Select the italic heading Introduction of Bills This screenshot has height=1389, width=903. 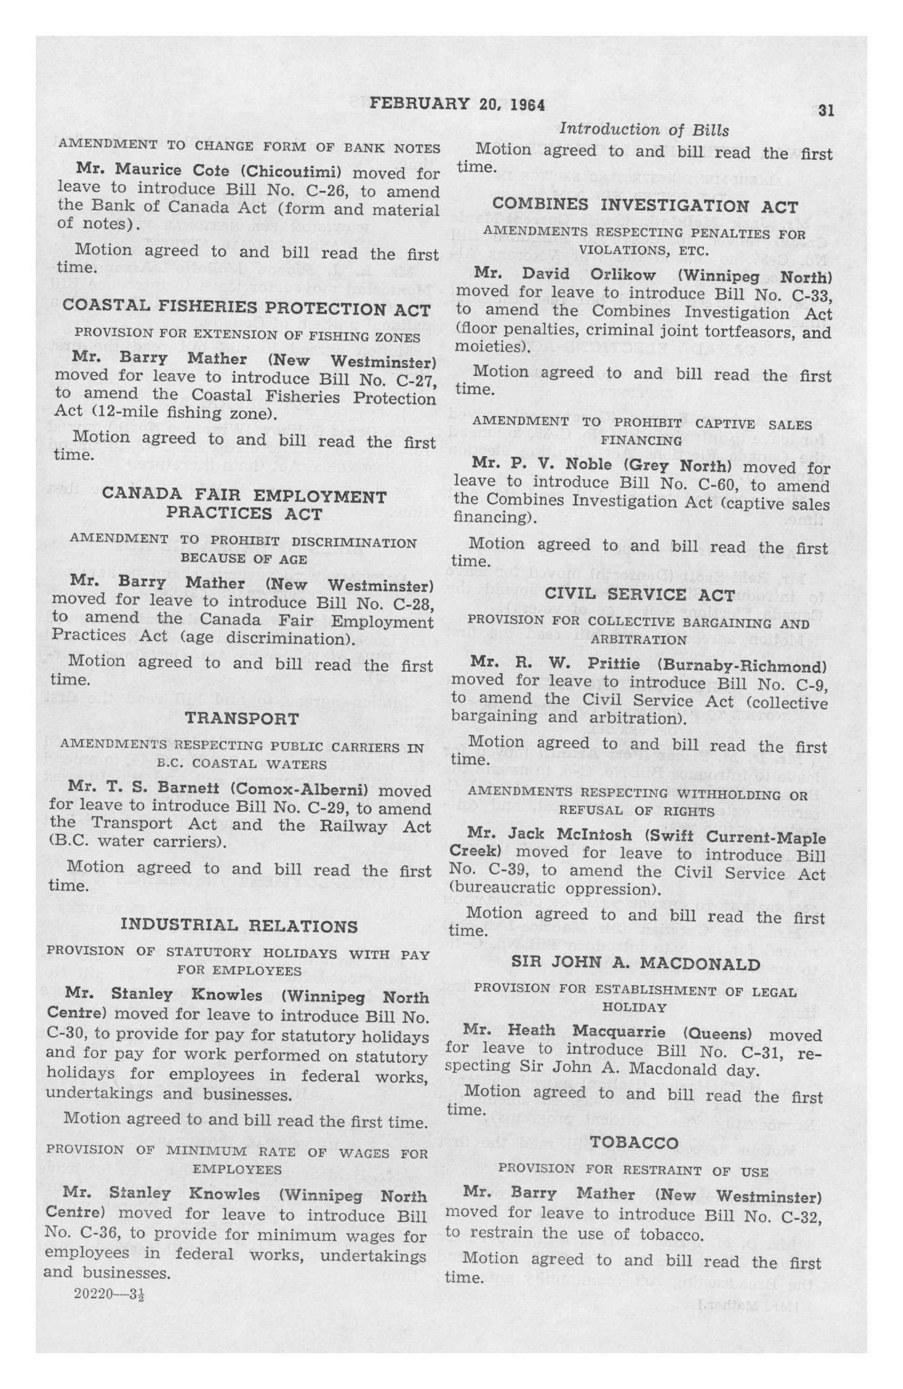click(644, 129)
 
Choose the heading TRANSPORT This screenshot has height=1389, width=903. click(242, 718)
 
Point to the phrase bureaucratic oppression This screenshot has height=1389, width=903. click(554, 891)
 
